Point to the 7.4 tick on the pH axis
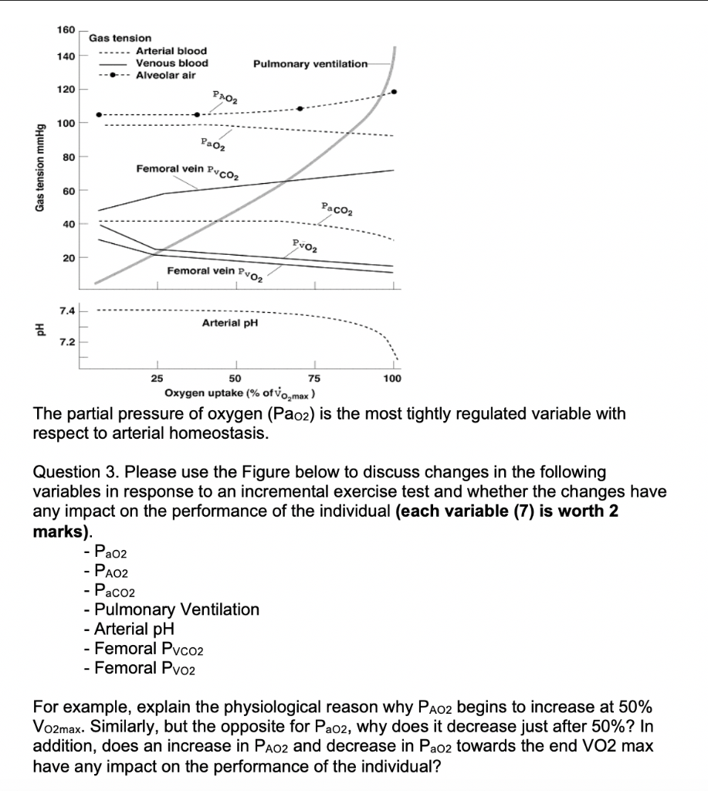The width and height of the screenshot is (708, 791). (x=66, y=311)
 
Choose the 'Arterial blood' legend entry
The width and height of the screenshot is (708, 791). (x=171, y=50)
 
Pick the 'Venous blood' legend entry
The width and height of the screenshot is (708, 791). (x=171, y=63)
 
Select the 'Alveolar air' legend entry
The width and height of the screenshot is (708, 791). (x=165, y=75)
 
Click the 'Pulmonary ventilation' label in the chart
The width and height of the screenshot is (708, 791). (x=310, y=63)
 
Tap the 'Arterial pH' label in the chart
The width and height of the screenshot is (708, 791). (x=229, y=322)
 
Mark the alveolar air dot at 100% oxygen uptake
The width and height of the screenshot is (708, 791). (x=395, y=92)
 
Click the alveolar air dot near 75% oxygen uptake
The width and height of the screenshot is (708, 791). (x=300, y=108)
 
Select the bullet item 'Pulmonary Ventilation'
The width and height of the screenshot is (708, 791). (x=177, y=609)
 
